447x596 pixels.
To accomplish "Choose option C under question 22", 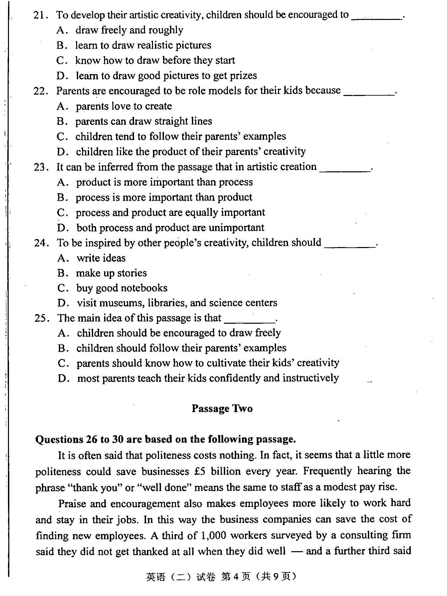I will [62, 136].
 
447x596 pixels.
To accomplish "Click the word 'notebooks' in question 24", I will [146, 288].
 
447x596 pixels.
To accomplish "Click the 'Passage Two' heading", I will [222, 408].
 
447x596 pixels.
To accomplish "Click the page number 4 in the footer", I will [236, 577].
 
